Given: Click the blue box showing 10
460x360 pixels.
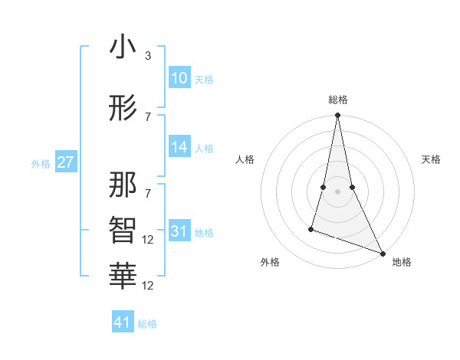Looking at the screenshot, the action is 179,78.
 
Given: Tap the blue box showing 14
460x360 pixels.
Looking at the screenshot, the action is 179,147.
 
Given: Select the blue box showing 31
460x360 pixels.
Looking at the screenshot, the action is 179,231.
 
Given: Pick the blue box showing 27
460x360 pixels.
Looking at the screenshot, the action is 66,162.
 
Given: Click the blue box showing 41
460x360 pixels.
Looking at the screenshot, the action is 123,322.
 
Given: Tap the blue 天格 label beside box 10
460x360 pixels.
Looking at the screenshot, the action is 203,80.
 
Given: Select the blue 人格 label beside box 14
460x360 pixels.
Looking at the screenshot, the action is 203,149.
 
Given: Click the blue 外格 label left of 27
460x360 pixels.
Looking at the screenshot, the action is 41,164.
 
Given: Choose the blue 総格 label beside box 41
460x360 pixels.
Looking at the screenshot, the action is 147,324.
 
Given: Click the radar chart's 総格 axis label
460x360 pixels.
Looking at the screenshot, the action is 338,100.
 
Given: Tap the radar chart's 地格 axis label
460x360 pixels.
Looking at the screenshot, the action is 402,263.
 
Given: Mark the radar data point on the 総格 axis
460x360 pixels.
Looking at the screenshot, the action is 337,116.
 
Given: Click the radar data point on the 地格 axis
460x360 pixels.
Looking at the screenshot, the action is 383,253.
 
